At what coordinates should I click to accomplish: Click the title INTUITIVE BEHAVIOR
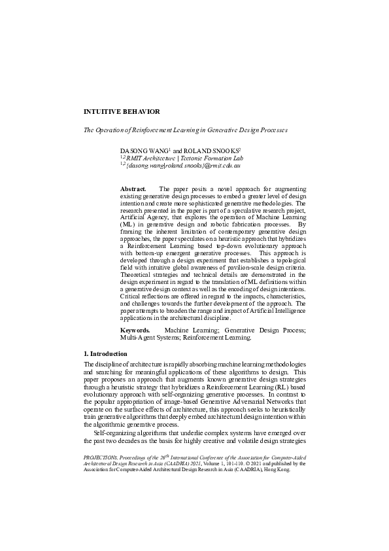122,112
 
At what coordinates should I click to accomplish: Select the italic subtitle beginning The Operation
185,130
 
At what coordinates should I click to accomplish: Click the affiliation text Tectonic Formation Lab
213,158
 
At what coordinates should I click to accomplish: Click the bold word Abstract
133,188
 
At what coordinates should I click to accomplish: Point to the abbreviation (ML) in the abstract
127,224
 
